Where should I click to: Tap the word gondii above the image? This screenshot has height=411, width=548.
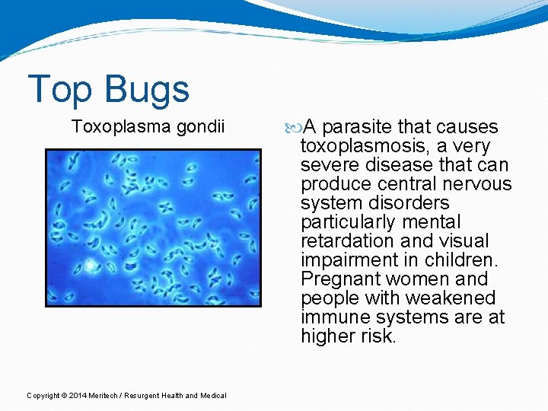pos(201,126)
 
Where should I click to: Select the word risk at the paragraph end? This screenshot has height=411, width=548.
pos(379,336)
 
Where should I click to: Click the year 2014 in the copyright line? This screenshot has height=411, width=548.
pos(76,395)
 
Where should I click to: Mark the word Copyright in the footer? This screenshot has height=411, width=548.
pos(43,395)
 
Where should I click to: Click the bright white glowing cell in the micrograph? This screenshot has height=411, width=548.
pos(90,266)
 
